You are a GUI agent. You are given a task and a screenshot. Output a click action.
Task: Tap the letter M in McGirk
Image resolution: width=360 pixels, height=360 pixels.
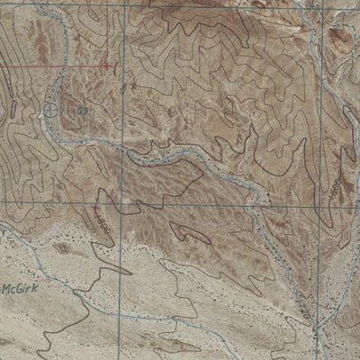pyautogui.click(x=7, y=290)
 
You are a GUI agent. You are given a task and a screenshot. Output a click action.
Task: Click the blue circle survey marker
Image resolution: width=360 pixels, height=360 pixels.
pyautogui.click(x=50, y=110)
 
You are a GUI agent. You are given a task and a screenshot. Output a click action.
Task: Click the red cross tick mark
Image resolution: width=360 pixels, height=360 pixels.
pyautogui.click(x=107, y=65)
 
